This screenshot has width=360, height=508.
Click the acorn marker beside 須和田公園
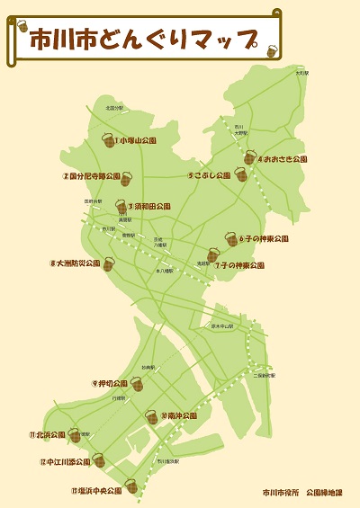pos(121,207)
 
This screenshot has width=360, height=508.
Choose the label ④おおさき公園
pos(283,159)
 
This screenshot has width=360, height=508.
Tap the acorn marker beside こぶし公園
pos(240,174)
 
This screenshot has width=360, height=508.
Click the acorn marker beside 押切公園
pos(137,384)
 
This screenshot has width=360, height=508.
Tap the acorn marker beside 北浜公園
pos(74,435)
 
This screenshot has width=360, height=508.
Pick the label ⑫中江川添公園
pos(65,462)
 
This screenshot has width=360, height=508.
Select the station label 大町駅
pos(302,73)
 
